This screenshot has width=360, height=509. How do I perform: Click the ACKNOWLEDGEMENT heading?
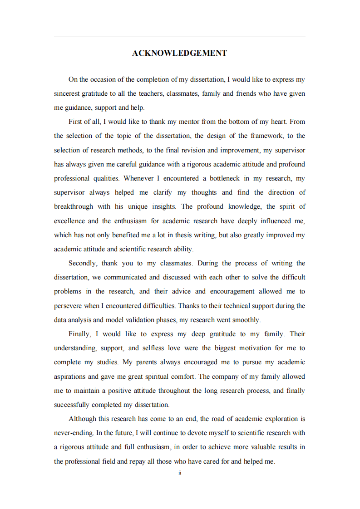point(179,53)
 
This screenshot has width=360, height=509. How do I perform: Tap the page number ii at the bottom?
point(180,473)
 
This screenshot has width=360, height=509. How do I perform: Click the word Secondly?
point(82,263)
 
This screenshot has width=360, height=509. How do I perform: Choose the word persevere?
point(68,306)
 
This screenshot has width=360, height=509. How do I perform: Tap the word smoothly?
point(246,320)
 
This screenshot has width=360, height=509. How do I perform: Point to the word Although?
point(82,419)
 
